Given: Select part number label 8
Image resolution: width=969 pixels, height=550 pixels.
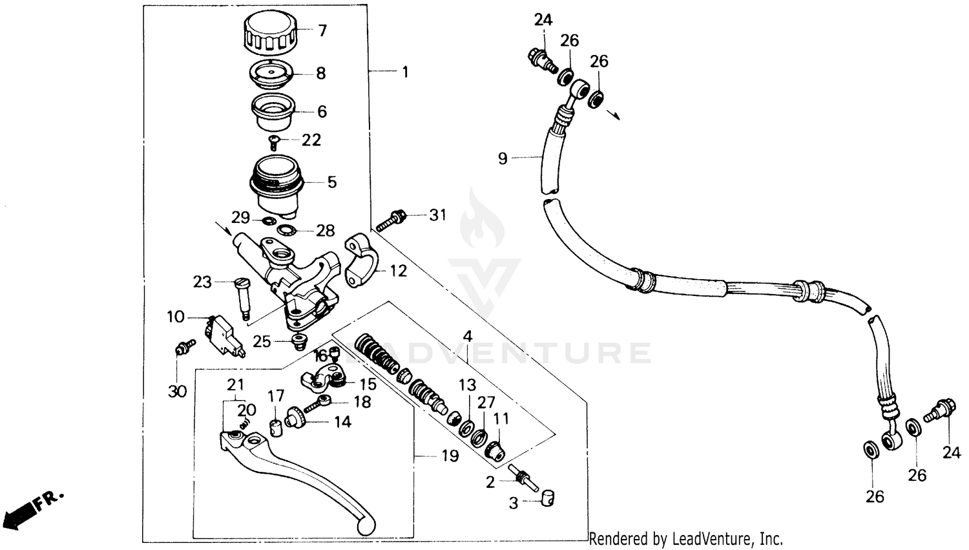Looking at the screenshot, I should [x=321, y=73].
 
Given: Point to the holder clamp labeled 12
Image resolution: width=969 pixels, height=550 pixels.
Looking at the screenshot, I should [x=362, y=262].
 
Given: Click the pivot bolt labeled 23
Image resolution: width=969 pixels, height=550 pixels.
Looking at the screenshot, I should [x=242, y=297].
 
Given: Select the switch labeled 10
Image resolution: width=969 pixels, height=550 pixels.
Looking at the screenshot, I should [x=222, y=335].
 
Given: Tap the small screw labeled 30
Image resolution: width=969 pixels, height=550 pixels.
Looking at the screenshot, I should [x=184, y=348].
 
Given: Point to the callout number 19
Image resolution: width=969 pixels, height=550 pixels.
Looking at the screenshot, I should [x=450, y=456].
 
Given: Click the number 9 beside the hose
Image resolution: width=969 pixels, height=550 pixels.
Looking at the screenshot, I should [x=503, y=158].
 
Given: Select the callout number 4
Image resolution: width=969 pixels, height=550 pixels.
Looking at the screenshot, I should [x=467, y=336].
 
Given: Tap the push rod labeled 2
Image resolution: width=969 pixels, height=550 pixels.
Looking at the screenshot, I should [x=522, y=477].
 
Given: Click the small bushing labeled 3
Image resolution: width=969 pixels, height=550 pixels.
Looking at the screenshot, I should [x=547, y=498].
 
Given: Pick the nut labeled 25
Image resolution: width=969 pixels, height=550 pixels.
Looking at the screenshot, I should [x=298, y=341].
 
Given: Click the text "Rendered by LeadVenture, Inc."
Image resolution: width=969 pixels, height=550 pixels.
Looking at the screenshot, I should [x=685, y=538].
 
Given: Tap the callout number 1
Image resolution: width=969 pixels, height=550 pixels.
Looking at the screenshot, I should [x=405, y=72].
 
